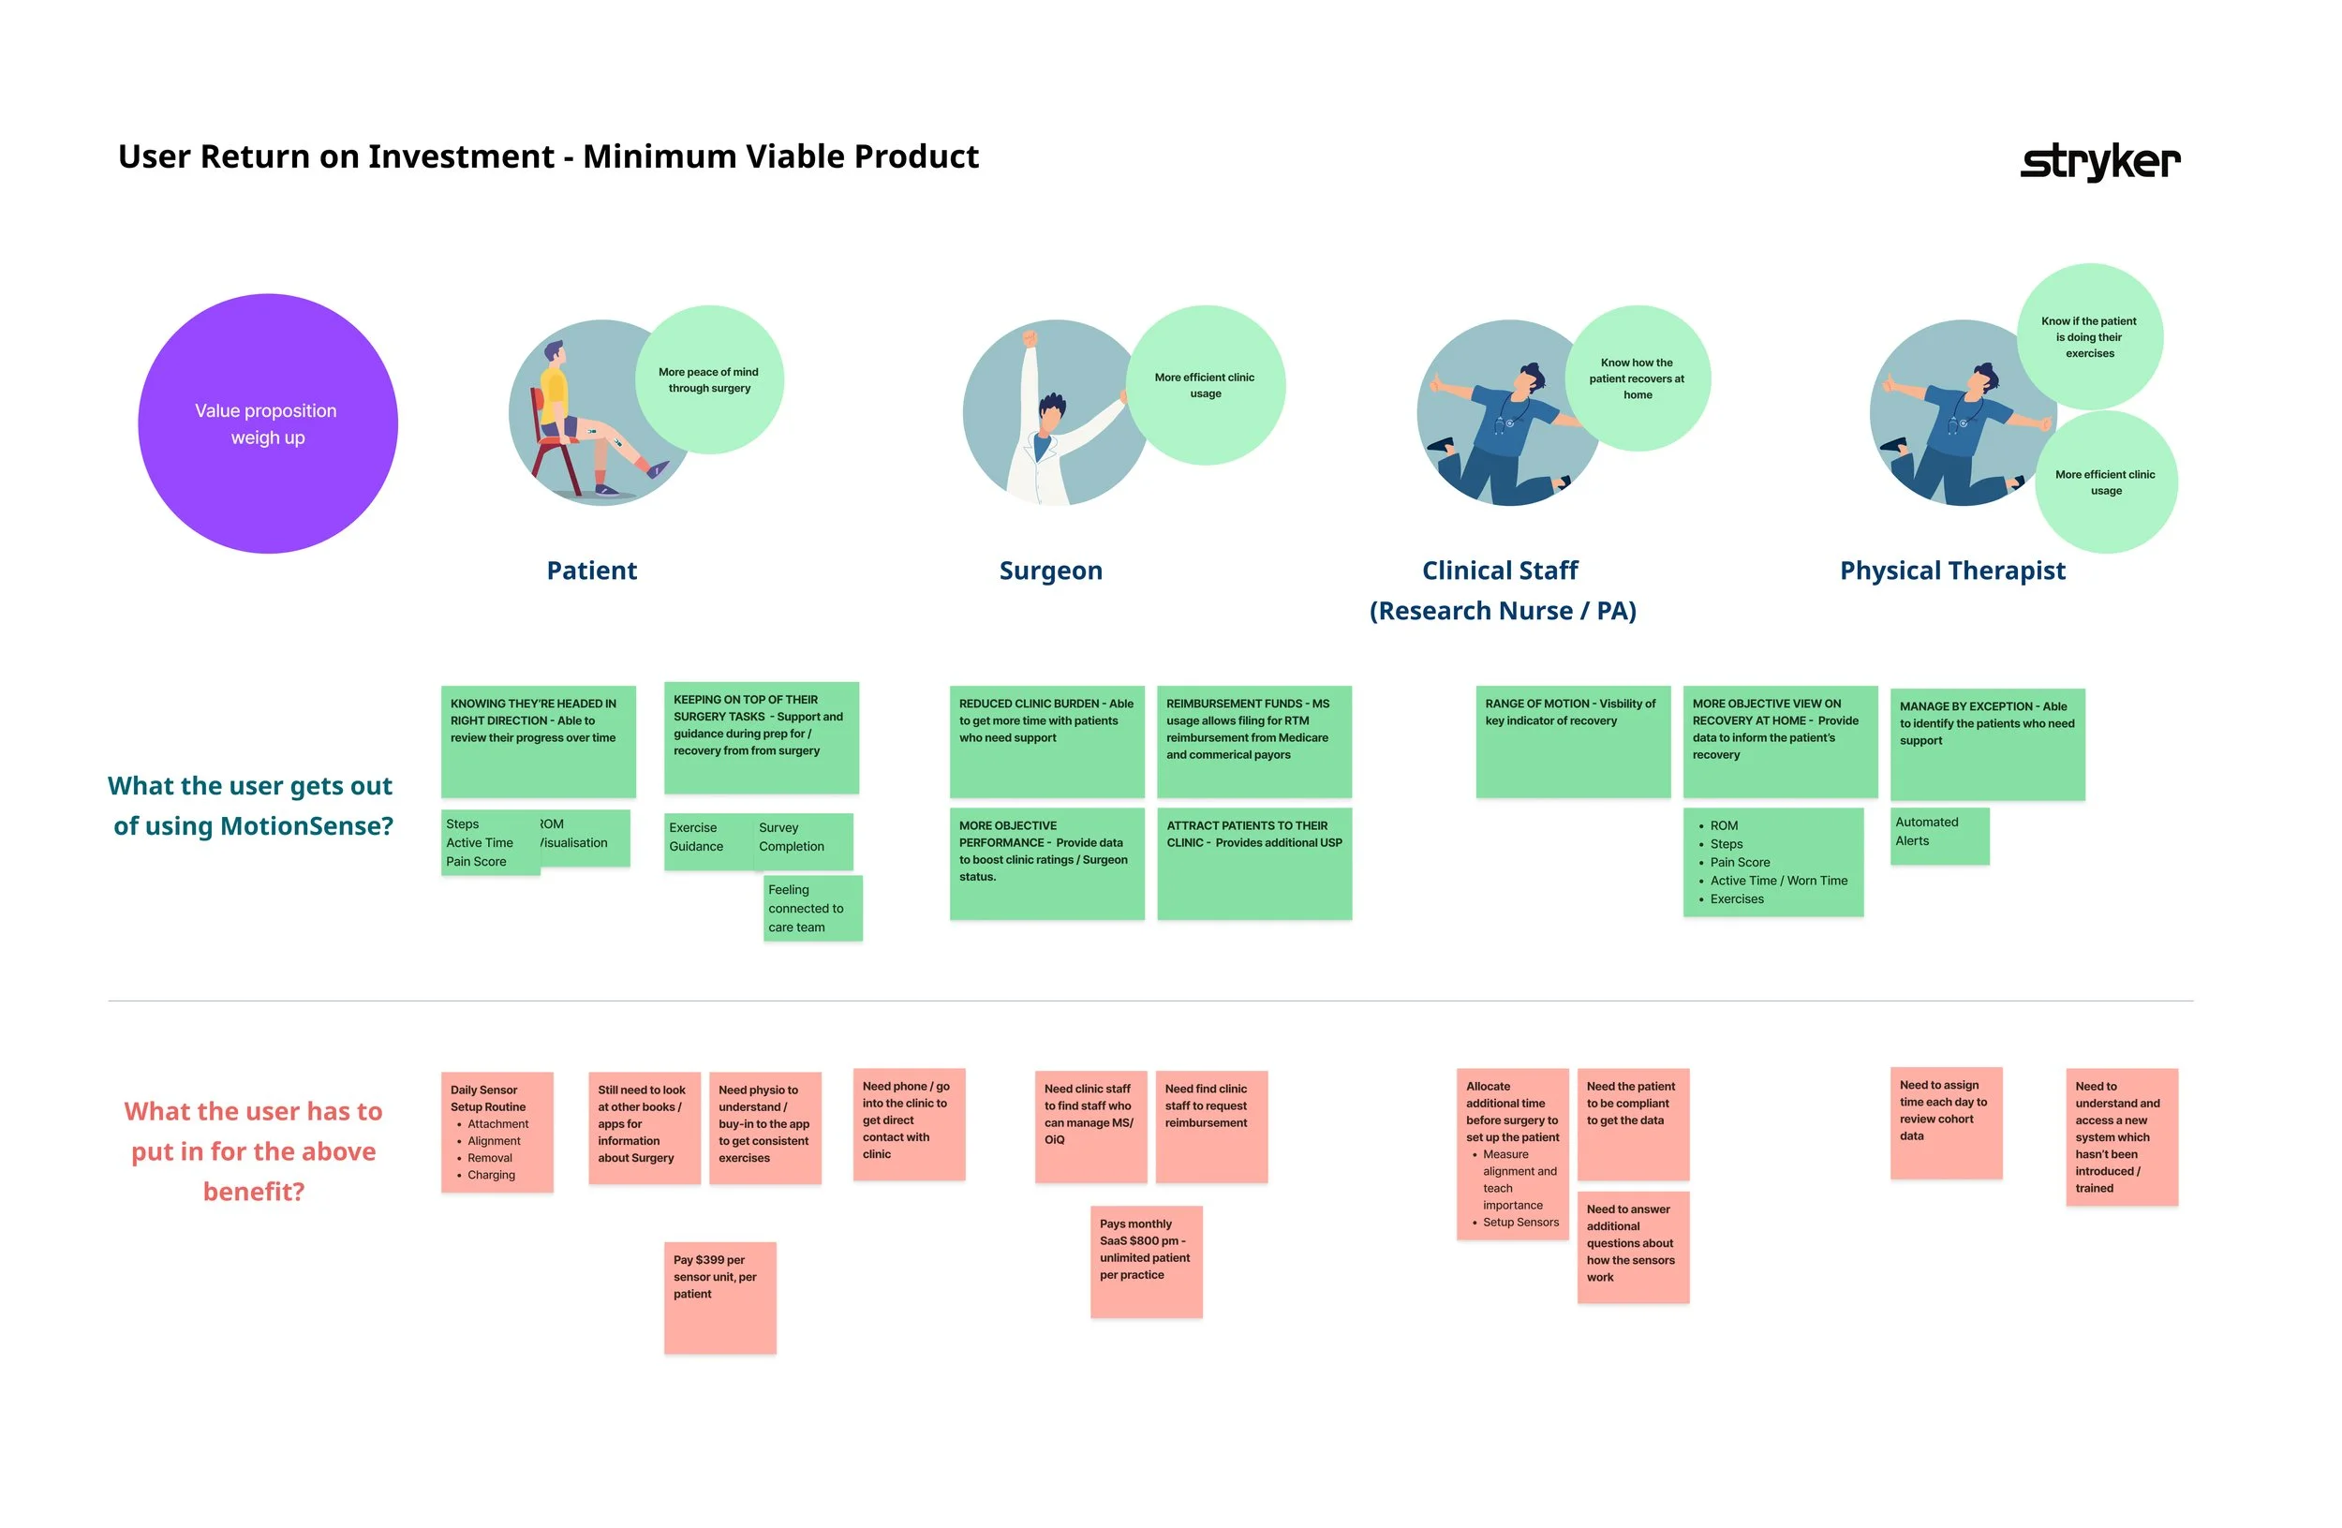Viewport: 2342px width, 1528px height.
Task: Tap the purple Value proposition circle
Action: pyautogui.click(x=268, y=423)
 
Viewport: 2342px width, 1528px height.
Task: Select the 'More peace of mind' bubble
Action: pyautogui.click(x=708, y=379)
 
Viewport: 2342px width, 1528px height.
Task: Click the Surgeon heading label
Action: pyautogui.click(x=1050, y=571)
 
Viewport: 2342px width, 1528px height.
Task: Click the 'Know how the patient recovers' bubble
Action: pyautogui.click(x=1637, y=378)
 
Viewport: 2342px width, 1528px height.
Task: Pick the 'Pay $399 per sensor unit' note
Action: pyautogui.click(x=719, y=1297)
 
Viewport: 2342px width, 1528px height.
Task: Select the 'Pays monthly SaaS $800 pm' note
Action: pyautogui.click(x=1146, y=1260)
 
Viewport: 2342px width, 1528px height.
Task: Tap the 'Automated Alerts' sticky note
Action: pyautogui.click(x=1938, y=836)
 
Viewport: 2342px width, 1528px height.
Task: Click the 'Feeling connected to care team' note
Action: pyautogui.click(x=812, y=907)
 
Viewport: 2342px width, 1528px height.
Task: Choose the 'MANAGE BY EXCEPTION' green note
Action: pyautogui.click(x=1987, y=743)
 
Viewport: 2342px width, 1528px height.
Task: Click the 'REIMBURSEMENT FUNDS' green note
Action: pyautogui.click(x=1253, y=741)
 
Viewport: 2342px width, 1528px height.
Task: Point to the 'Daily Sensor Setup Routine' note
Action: pyautogui.click(x=497, y=1132)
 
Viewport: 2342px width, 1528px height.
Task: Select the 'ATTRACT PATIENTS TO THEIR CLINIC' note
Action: pyautogui.click(x=1253, y=863)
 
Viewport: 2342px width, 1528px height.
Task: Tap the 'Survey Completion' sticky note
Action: pyautogui.click(x=802, y=840)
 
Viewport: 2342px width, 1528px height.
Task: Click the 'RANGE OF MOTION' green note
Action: pyautogui.click(x=1572, y=741)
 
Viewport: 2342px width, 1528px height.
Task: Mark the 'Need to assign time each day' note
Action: pyautogui.click(x=1945, y=1121)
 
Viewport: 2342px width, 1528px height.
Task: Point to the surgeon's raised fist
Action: pyautogui.click(x=1030, y=338)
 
